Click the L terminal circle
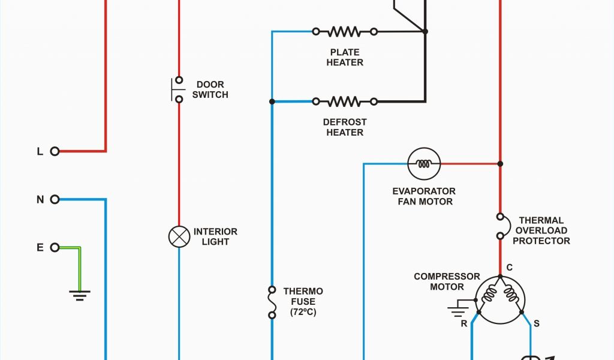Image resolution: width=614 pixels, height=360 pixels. click(55, 151)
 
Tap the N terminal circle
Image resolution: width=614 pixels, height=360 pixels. click(55, 199)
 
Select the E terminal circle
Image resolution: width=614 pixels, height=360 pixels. click(55, 247)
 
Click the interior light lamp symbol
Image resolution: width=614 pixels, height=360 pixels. click(179, 236)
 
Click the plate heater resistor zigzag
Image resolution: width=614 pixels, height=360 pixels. click(345, 31)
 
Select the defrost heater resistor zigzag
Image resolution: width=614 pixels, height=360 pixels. click(345, 101)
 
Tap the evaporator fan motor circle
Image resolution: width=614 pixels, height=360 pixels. click(424, 163)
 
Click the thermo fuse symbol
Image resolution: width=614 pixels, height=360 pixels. click(272, 302)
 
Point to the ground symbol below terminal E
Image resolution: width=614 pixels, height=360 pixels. click(79, 294)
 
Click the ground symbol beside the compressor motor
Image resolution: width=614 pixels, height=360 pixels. click(458, 310)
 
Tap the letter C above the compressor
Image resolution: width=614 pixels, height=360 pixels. click(509, 267)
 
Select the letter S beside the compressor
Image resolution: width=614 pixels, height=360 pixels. click(536, 323)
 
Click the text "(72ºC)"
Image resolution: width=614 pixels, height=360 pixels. click(303, 312)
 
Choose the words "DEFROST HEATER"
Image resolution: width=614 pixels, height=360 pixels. click(345, 127)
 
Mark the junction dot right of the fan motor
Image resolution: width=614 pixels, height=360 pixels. click(500, 163)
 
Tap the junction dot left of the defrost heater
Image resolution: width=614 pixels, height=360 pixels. click(272, 101)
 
